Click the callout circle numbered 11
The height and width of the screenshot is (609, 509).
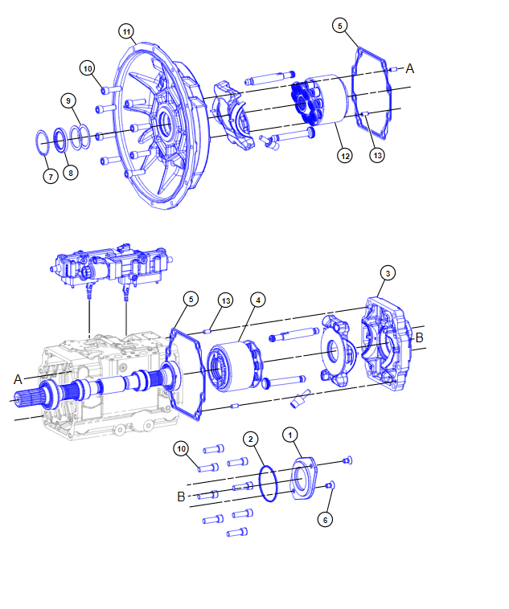(x=126, y=31)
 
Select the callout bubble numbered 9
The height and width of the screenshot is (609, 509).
(x=69, y=100)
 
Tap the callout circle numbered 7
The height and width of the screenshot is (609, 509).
(x=51, y=176)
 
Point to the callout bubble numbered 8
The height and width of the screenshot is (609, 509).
(x=71, y=172)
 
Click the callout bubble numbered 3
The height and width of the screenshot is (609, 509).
(x=388, y=274)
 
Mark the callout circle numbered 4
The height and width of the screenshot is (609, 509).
(x=257, y=300)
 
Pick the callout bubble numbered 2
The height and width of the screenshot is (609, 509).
(x=252, y=439)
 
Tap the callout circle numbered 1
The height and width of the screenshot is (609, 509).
(x=289, y=434)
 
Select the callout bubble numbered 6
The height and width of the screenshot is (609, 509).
(x=325, y=520)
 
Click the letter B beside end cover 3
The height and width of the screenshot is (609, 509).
(x=419, y=337)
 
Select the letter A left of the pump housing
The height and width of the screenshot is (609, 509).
(x=18, y=378)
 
